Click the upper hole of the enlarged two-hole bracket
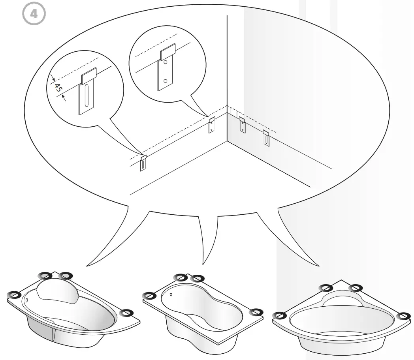tap(166, 62)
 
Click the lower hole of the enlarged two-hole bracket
tap(166, 81)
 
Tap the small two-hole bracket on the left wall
tap(212, 125)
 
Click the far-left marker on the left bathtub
tap(14, 294)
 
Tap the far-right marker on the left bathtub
tap(126, 313)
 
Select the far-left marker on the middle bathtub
tap(149, 295)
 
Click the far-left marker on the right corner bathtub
tap(280, 315)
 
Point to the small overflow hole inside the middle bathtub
tap(171, 294)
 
